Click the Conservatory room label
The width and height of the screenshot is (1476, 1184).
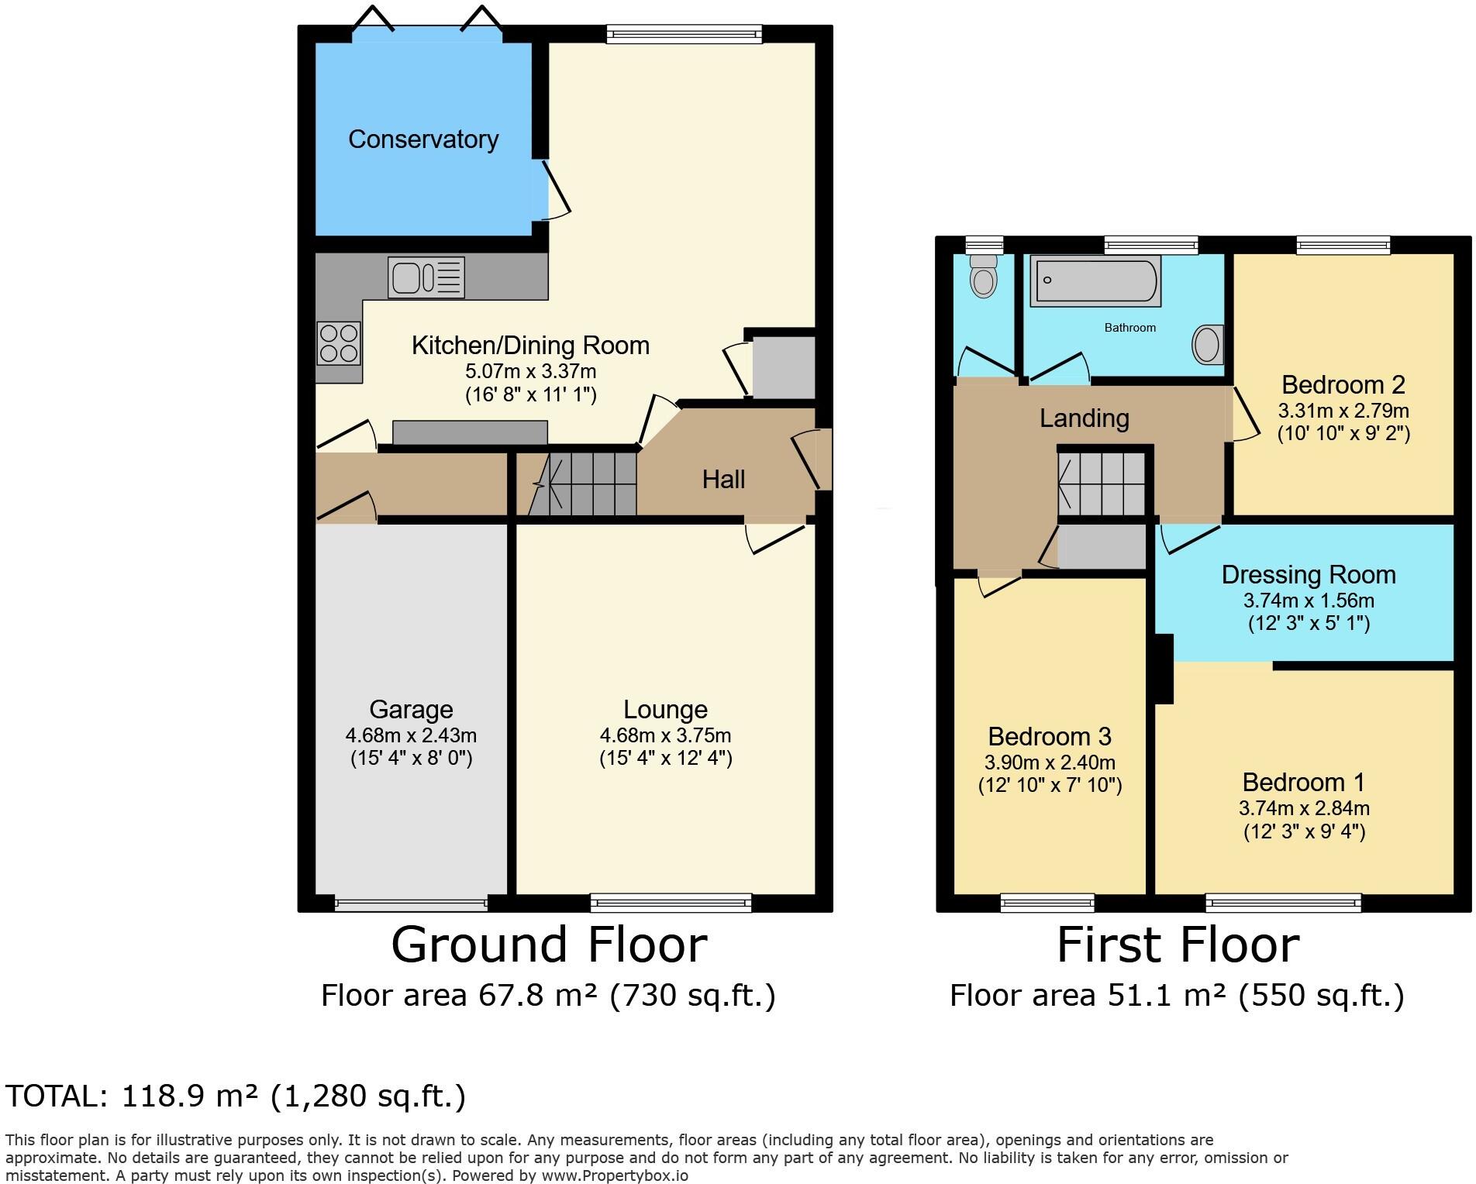[422, 139]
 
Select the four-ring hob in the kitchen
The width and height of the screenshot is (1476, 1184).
[339, 342]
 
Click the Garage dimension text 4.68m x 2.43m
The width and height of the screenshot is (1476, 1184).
[411, 735]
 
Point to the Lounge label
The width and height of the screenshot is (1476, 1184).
[665, 709]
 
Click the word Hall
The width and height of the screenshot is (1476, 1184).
[723, 480]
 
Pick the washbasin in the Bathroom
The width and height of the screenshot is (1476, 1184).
[1207, 344]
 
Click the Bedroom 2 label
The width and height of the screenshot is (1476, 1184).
[1343, 384]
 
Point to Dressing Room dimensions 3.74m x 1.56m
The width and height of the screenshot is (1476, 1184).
[1309, 600]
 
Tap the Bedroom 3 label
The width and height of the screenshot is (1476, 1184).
[1050, 736]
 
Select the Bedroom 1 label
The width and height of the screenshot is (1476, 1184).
[1303, 782]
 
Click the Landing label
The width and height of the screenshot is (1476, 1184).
[1084, 418]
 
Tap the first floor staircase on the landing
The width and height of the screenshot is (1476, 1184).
[1101, 484]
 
